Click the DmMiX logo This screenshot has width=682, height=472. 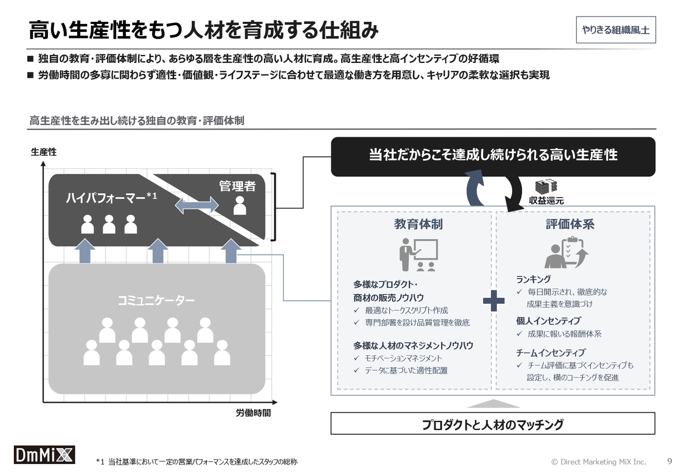tap(44, 454)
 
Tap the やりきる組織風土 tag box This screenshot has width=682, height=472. tap(615, 30)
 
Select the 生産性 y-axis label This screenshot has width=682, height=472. tap(44, 152)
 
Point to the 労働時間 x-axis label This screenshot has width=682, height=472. tap(253, 413)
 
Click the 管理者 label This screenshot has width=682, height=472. tap(237, 186)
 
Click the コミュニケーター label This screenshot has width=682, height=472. tap(156, 300)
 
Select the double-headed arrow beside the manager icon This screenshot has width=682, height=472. tap(197, 205)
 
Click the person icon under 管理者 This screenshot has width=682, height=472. tap(240, 206)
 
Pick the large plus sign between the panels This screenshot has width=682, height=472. tap(493, 301)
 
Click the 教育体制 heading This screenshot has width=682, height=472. tap(418, 224)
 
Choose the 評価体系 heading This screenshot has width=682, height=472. tap(570, 224)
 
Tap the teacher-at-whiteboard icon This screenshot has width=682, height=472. tap(419, 255)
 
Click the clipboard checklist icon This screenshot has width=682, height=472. tap(566, 252)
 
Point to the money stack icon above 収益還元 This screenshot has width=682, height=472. tap(546, 186)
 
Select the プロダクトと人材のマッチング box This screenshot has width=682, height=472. tap(493, 424)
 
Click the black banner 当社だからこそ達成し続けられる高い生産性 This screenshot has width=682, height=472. tap(493, 157)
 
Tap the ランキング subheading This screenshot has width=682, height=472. tap(533, 279)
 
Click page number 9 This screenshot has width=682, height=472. tap(670, 461)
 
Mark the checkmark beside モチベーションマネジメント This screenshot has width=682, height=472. tap(356, 358)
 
